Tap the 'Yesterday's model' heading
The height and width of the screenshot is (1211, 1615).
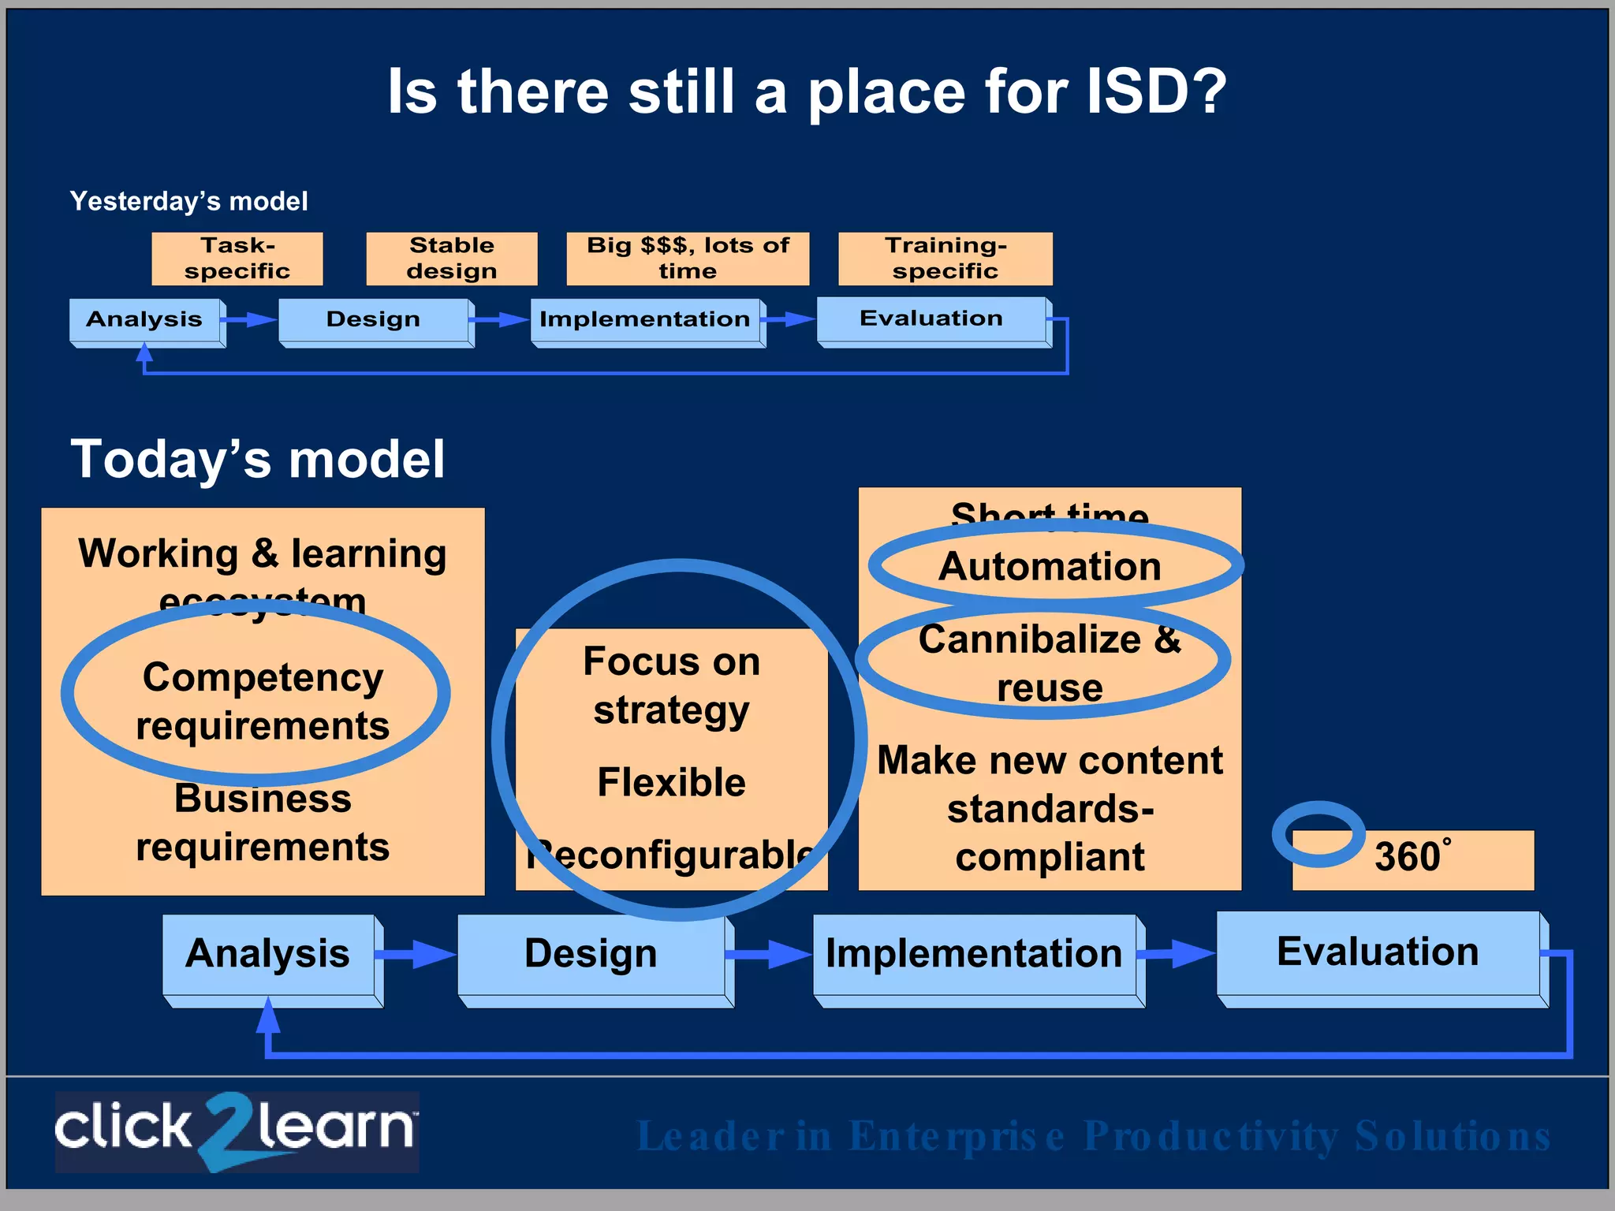coord(188,202)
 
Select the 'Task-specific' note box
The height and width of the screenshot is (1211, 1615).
coord(237,259)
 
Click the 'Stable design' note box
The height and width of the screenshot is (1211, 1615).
coord(452,259)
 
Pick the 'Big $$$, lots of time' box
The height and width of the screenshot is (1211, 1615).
coord(688,259)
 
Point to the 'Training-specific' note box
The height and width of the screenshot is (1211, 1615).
coord(945,259)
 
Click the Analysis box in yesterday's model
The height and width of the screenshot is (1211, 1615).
coord(145,320)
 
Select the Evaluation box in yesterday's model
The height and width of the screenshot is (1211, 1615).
coord(931,319)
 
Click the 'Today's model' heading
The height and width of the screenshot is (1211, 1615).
coord(258,460)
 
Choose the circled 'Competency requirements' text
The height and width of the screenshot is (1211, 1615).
coord(263,701)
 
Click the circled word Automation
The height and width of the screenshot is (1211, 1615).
coord(1050,567)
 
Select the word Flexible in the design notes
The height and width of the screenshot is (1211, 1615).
coord(671,782)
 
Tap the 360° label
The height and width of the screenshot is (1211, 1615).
coord(1411,857)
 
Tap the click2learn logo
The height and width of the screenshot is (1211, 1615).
coord(237,1131)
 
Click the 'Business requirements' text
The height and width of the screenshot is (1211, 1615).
coord(263,823)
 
